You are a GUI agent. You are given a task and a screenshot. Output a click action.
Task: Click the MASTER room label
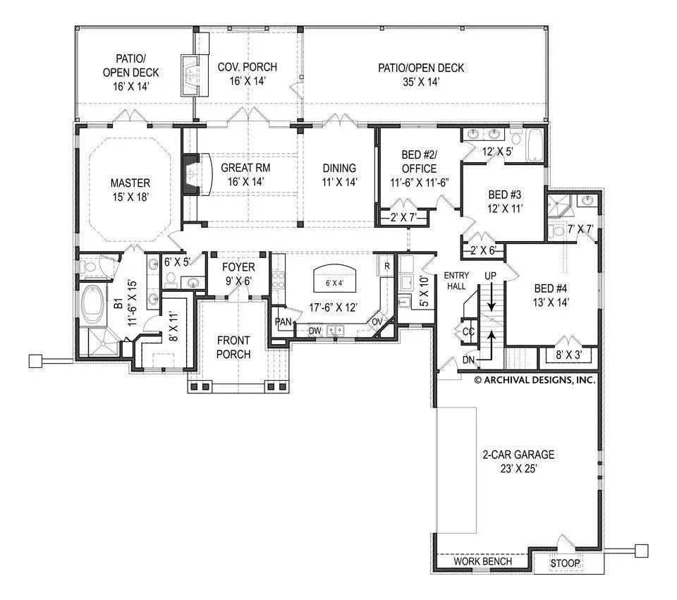tap(130, 183)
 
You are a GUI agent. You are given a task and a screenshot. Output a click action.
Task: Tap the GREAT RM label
tap(245, 168)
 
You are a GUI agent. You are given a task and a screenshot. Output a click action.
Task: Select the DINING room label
tap(339, 168)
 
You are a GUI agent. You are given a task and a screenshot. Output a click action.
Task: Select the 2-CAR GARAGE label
tap(518, 455)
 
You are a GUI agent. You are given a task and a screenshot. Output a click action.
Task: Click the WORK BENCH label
tap(482, 562)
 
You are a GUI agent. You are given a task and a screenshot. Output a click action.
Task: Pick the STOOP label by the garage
tap(566, 563)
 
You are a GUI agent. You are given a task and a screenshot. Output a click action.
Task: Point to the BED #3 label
tap(504, 195)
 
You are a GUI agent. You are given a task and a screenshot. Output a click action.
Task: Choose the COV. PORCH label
tap(247, 67)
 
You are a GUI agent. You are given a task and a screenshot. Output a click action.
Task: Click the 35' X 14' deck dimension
tap(420, 82)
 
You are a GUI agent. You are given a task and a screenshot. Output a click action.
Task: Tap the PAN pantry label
tap(283, 322)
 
